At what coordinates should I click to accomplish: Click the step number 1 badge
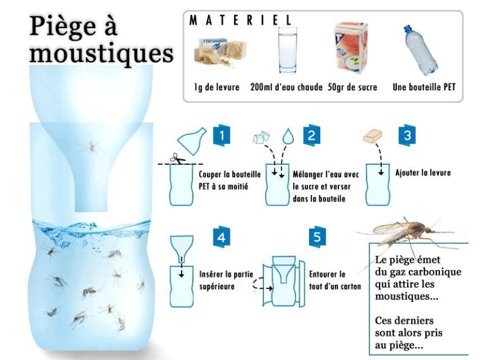point(222,135)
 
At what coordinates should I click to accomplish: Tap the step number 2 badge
point(311,135)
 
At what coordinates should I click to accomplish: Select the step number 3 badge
point(407,135)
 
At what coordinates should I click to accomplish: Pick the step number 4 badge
point(222,237)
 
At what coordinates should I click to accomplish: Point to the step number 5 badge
point(318,237)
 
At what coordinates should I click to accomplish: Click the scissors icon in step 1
point(178,159)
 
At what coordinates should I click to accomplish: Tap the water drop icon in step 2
point(288,137)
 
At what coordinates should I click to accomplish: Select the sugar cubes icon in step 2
point(262,137)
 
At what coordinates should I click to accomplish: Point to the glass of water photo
point(287,51)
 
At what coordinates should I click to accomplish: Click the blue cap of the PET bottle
point(407,30)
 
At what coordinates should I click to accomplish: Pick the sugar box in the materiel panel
point(351,47)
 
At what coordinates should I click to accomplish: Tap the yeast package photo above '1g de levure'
point(219,52)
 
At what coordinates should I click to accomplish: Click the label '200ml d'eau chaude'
point(286,87)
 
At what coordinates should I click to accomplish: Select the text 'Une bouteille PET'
point(424,87)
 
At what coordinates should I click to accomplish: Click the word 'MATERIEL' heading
point(240,21)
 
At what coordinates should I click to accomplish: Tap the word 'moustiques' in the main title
point(101,53)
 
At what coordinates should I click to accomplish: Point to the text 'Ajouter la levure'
point(423,172)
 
